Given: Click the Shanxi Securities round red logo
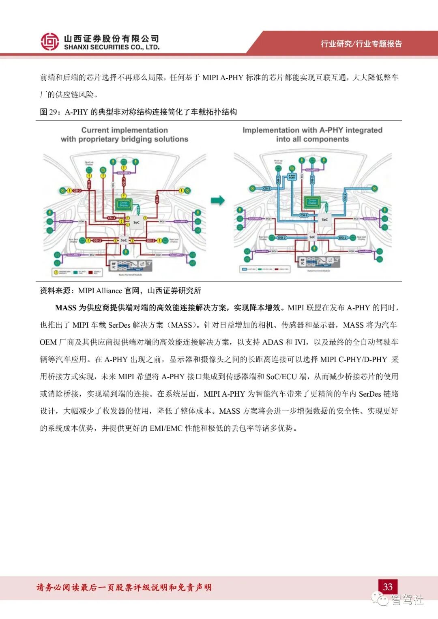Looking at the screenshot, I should click(x=49, y=41).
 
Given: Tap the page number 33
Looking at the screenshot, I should click(x=388, y=587).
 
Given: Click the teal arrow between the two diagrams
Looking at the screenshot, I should click(x=218, y=200).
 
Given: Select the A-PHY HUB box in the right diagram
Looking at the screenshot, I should click(x=292, y=176).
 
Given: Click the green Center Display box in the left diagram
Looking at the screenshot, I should click(x=124, y=204).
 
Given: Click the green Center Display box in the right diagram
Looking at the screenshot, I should click(x=312, y=202).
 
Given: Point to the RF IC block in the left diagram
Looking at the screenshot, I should click(x=114, y=265).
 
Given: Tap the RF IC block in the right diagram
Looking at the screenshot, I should click(x=303, y=262).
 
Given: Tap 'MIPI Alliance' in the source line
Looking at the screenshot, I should click(x=100, y=291).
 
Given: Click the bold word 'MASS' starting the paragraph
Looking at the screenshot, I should click(x=66, y=308).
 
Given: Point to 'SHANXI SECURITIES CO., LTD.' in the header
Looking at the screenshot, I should click(x=112, y=47).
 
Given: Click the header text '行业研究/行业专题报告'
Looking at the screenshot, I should click(x=361, y=44).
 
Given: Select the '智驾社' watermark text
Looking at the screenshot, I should click(x=407, y=599).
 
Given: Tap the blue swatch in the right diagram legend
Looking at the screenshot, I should click(x=244, y=269).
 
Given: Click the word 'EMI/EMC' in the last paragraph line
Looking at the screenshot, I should click(x=166, y=428).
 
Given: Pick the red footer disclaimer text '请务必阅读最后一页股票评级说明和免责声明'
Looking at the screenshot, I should click(x=124, y=587).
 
